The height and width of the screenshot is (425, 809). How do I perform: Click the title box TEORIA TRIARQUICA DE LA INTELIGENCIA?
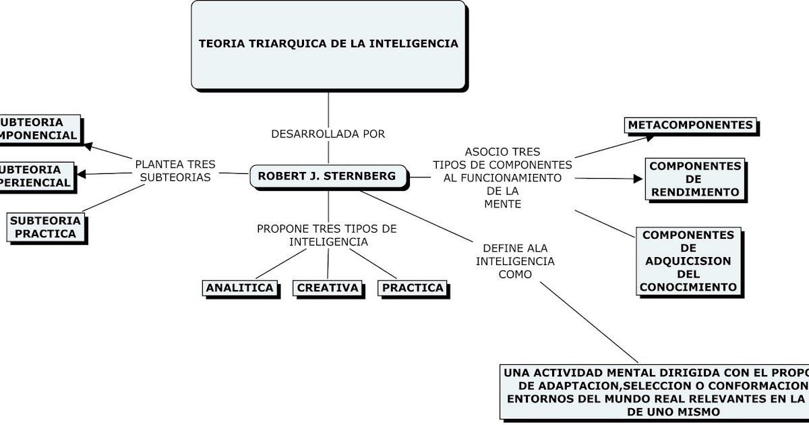pyautogui.click(x=328, y=45)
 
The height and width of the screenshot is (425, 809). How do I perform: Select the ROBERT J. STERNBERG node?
pyautogui.click(x=328, y=177)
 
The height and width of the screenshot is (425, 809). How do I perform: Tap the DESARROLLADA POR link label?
pyautogui.click(x=328, y=134)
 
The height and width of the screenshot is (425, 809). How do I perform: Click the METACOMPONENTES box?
pyautogui.click(x=690, y=125)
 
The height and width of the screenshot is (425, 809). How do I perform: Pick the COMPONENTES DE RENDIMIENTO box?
pyautogui.click(x=694, y=179)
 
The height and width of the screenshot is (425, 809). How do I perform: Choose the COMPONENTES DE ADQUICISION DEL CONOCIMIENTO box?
pyautogui.click(x=688, y=261)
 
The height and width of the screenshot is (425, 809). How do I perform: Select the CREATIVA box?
pyautogui.click(x=328, y=288)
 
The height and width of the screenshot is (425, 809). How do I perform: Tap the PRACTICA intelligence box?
pyautogui.click(x=413, y=288)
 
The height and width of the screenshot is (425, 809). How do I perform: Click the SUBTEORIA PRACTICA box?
pyautogui.click(x=46, y=227)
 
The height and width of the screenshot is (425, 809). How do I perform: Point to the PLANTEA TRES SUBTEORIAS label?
pyautogui.click(x=175, y=171)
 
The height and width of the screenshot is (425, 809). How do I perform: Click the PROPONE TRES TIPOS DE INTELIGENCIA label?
pyautogui.click(x=327, y=235)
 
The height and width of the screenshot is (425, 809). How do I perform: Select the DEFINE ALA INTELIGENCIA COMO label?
pyautogui.click(x=516, y=260)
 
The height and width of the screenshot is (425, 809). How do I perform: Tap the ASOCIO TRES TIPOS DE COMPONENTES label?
pyautogui.click(x=502, y=177)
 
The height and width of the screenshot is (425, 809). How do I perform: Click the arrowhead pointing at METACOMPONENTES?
pyautogui.click(x=649, y=137)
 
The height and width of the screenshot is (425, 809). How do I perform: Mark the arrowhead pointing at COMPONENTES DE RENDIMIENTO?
pyautogui.click(x=640, y=179)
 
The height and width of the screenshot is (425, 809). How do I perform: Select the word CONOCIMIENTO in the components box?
pyautogui.click(x=688, y=287)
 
